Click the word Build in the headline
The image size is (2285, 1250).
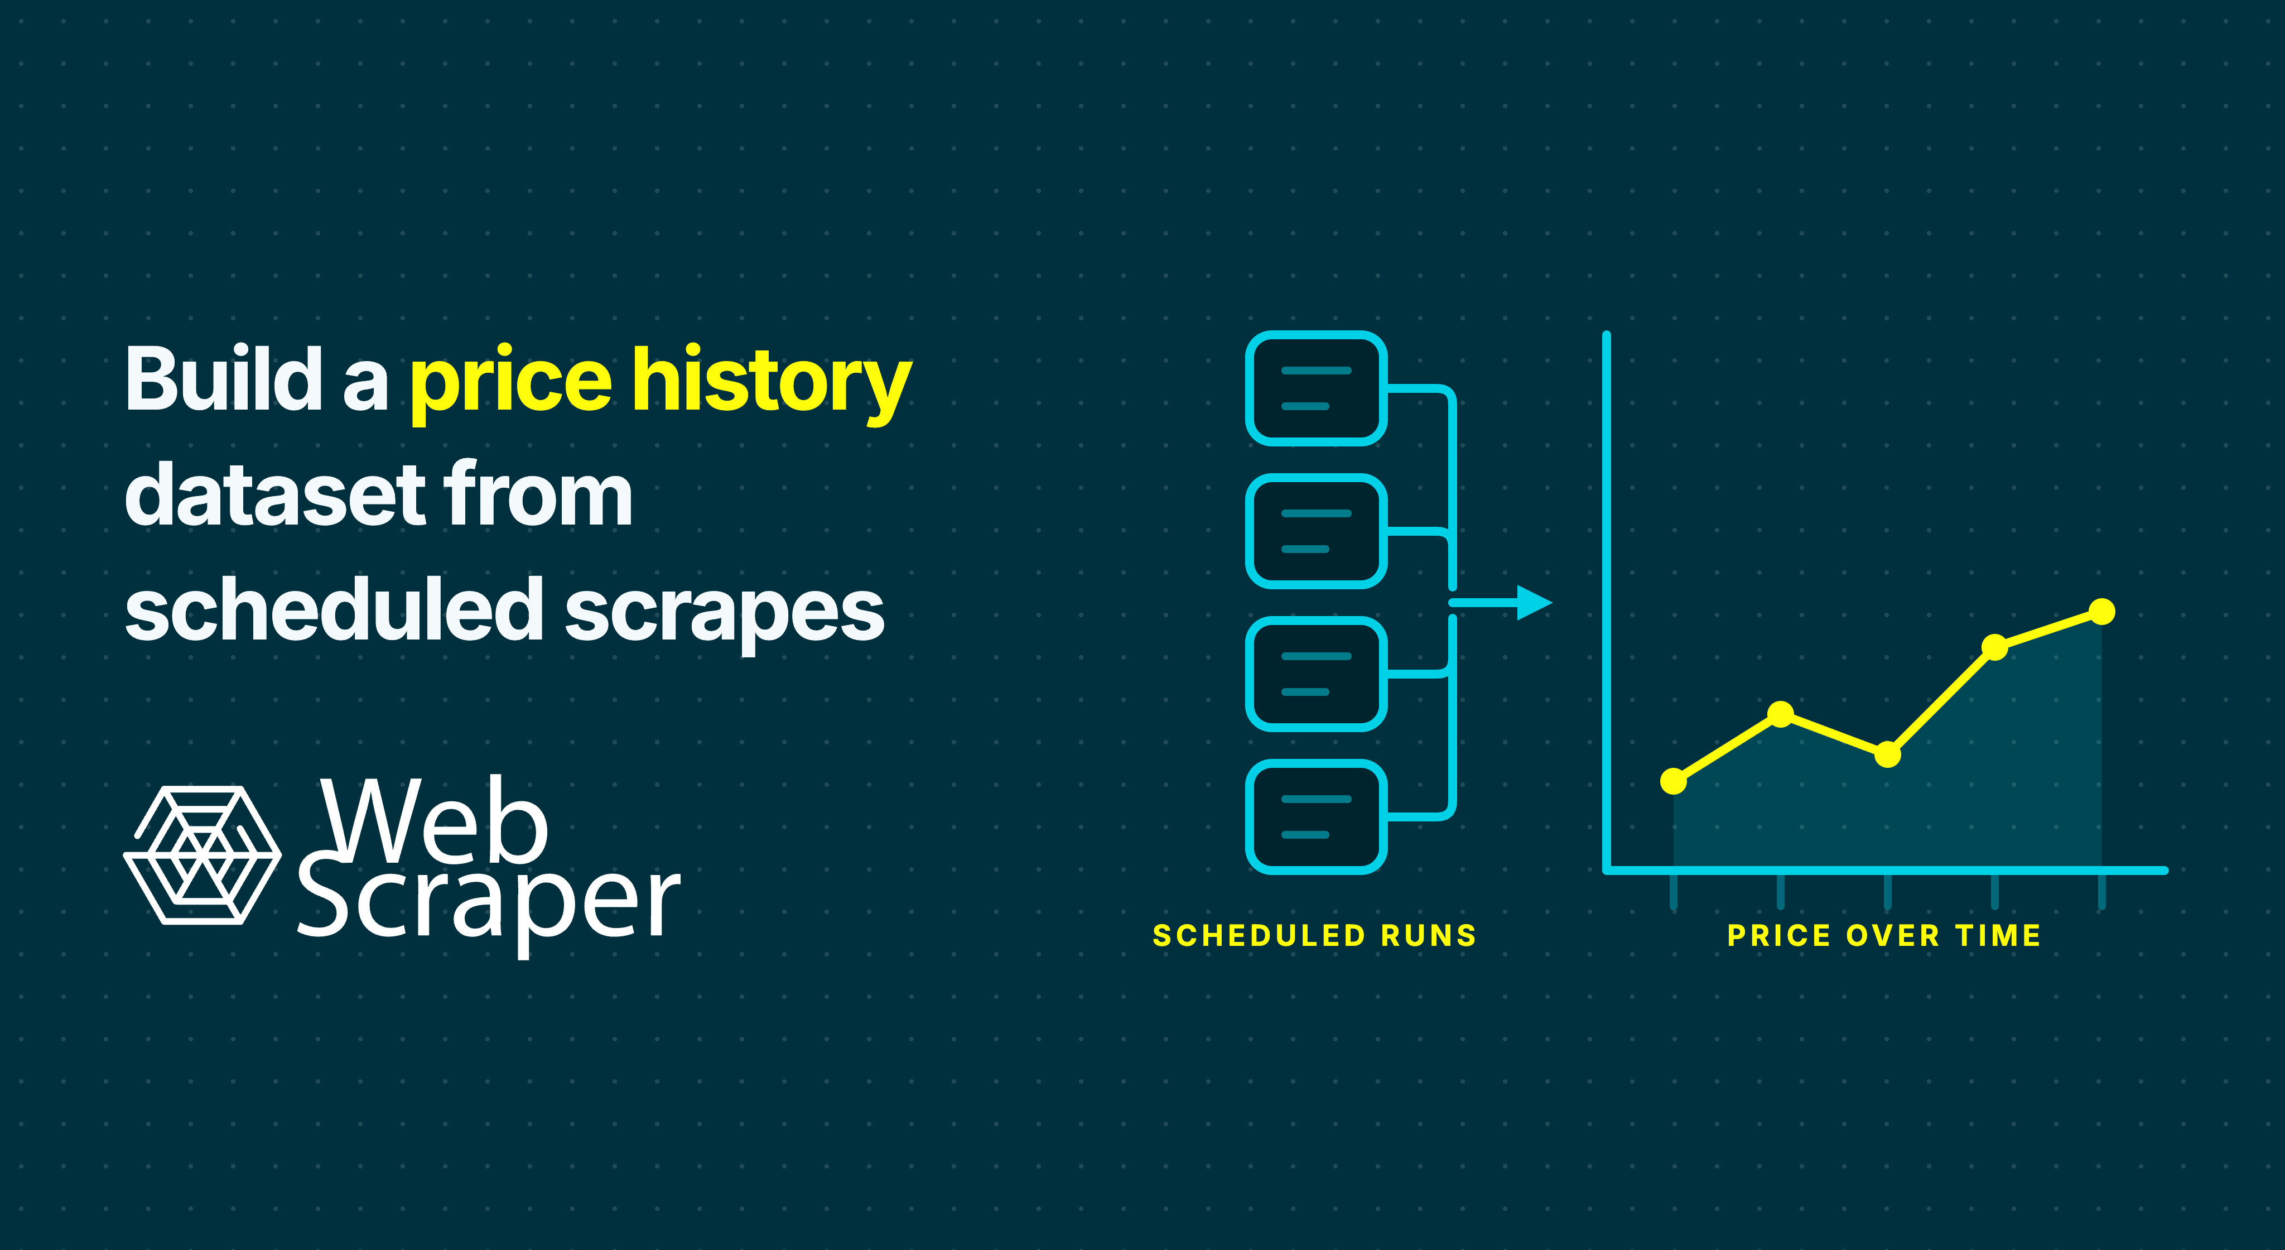(x=224, y=379)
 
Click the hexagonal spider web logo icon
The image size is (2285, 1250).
(x=203, y=855)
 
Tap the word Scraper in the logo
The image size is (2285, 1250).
(x=488, y=906)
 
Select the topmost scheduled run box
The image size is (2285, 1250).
(x=1317, y=388)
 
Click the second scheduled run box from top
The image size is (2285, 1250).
(x=1317, y=531)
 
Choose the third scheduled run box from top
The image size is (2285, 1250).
(x=1317, y=674)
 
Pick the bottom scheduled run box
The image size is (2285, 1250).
(x=1317, y=817)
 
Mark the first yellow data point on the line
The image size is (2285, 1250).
(x=1673, y=781)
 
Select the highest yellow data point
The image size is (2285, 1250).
(x=2101, y=611)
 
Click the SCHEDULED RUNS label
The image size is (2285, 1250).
(x=1314, y=935)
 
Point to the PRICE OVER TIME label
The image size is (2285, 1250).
(x=1884, y=935)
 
